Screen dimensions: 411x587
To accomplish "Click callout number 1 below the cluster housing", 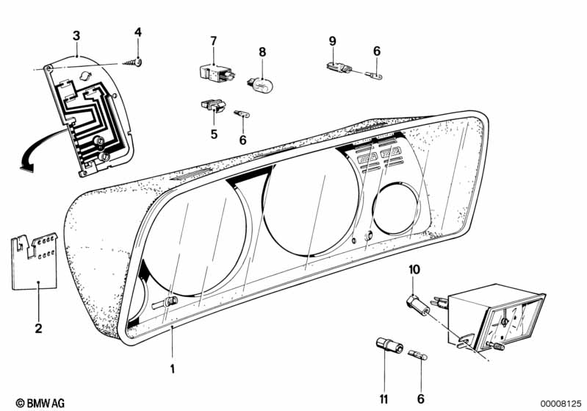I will [x=173, y=367].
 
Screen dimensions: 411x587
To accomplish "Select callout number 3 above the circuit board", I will [x=76, y=35].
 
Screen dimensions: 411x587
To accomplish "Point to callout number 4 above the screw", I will [x=137, y=32].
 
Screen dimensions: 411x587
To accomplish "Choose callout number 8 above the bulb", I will [x=261, y=51].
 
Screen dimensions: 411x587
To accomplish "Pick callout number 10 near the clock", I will [x=414, y=270].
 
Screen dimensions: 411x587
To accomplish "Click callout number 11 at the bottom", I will [x=383, y=399].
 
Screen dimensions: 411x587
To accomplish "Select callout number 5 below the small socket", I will [x=214, y=134].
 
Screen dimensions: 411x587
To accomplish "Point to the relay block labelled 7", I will [x=213, y=71].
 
